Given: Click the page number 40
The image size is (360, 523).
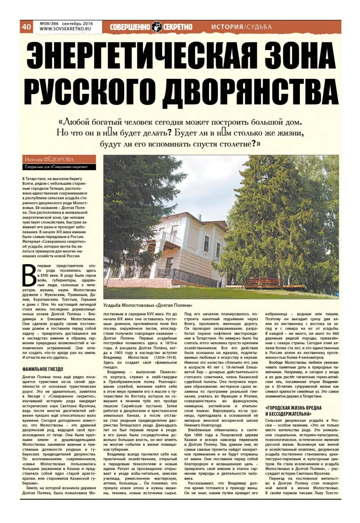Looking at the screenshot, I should point(26,27).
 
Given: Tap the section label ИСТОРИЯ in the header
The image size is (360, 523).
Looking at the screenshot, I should point(226,27).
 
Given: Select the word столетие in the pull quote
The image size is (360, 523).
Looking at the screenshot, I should point(229,143).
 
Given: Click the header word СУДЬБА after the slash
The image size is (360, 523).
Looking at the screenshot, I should point(258,27).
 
